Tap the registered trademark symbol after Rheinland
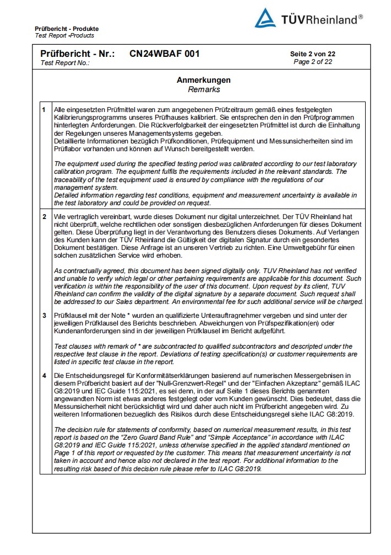[360, 17]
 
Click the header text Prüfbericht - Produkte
[67, 29]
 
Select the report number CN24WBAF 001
[165, 54]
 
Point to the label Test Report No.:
[65, 63]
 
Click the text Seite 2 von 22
[313, 54]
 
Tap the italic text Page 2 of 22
[313, 62]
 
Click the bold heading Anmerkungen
[204, 81]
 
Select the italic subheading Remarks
[204, 89]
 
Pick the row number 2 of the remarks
[45, 217]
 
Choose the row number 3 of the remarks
[45, 315]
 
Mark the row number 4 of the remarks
[45, 376]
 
